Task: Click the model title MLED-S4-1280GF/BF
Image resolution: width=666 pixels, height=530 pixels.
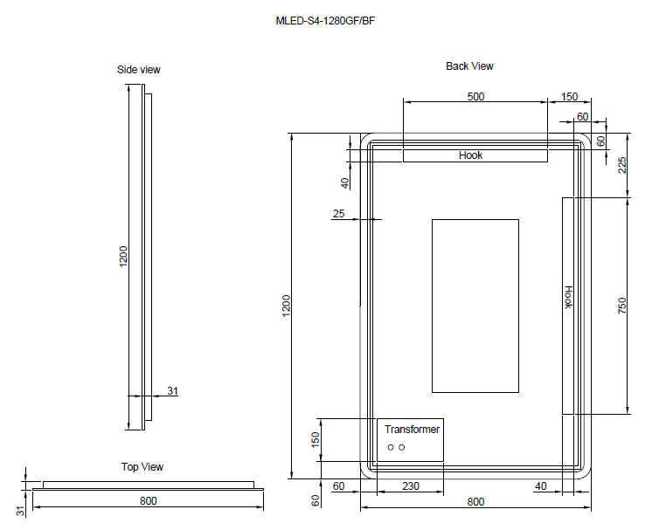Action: coord(325,20)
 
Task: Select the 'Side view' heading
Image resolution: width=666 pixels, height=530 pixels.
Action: coord(139,70)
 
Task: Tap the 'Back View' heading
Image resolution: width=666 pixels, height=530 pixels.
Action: coord(469,66)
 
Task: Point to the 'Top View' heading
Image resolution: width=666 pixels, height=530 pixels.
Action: coord(142,467)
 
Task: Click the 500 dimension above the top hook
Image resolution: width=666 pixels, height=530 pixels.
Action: coord(475,97)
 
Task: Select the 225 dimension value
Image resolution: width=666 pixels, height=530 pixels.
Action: coord(622,165)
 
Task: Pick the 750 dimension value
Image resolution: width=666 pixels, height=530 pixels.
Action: coord(622,306)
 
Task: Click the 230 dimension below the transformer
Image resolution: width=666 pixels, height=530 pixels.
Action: coord(410,485)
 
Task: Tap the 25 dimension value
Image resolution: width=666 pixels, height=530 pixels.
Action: coord(339,213)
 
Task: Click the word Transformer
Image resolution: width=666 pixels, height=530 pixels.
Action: coord(413,430)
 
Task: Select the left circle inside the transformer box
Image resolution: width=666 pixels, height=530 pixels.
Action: coord(391,448)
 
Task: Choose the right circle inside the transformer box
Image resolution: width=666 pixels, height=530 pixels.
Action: coord(402,448)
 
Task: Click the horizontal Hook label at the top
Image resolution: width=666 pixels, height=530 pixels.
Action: coord(470,155)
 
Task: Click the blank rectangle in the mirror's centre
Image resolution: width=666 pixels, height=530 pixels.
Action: coord(475,306)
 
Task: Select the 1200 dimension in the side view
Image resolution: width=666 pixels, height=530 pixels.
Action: coord(124,255)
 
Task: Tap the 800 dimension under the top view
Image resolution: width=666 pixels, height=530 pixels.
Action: coord(148,500)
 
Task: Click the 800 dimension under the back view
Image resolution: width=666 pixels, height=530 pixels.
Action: coord(475,501)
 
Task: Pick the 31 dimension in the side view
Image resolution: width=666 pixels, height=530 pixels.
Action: coord(172,391)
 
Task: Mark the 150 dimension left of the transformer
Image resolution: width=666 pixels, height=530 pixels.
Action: coord(316,438)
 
